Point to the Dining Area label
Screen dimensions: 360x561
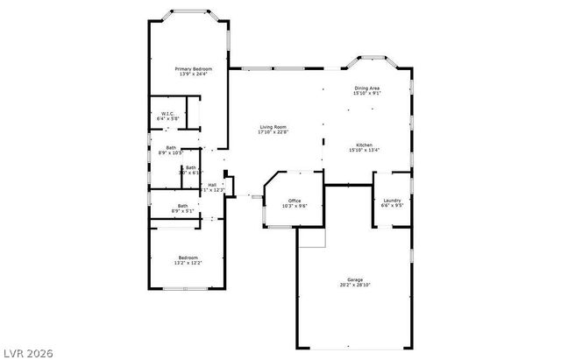[x=367, y=88]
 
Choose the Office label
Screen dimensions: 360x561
[x=295, y=201]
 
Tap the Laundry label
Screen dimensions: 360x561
[x=392, y=201]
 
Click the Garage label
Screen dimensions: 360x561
[x=355, y=279]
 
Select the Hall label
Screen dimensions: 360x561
[x=212, y=185]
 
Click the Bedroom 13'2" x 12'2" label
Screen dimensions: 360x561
[x=188, y=258]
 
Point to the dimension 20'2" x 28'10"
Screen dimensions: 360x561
[x=355, y=285]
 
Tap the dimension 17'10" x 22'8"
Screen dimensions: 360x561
[x=273, y=132]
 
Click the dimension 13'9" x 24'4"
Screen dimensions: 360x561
[x=193, y=74]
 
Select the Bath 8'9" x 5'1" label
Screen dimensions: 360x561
[x=171, y=206]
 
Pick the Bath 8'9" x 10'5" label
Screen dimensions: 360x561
[x=170, y=147]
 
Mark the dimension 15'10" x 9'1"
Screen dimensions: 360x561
[x=367, y=92]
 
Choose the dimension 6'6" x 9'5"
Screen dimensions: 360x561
[x=392, y=206]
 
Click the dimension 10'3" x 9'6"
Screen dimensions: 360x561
[x=295, y=206]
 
